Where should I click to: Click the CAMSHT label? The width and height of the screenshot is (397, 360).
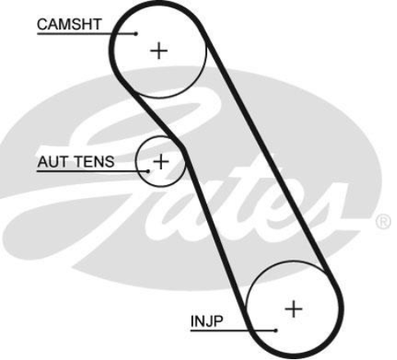[70, 25]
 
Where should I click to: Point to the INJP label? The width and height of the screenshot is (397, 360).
[206, 322]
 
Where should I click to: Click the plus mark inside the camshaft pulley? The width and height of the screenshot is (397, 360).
[159, 51]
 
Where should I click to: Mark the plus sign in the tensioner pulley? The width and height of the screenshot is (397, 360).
[161, 161]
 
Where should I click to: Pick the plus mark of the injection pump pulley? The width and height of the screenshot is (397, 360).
[294, 309]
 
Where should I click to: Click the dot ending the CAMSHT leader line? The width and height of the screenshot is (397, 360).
[136, 34]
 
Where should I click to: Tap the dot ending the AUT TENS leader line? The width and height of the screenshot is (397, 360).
[148, 171]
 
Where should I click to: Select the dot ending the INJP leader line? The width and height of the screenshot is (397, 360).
[276, 331]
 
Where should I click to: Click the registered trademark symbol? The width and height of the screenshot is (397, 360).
[383, 223]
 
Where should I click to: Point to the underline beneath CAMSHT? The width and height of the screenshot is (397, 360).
[87, 34]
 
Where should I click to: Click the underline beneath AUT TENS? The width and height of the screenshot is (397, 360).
[92, 171]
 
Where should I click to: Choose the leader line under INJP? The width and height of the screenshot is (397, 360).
[233, 331]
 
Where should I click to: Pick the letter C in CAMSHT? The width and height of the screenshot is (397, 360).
[43, 25]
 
